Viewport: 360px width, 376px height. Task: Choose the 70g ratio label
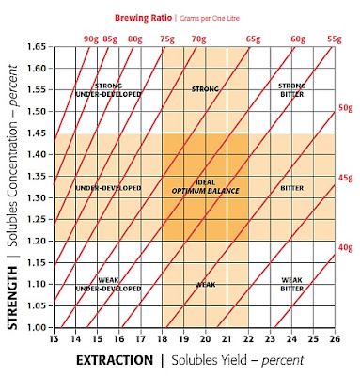pyautogui.click(x=198, y=39)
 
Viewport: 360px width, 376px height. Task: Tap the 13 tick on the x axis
pyautogui.click(x=54, y=337)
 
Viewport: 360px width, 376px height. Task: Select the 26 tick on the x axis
pyautogui.click(x=335, y=337)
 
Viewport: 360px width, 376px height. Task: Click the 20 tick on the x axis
pyautogui.click(x=205, y=337)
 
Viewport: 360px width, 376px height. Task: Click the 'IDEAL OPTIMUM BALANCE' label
pyautogui.click(x=205, y=186)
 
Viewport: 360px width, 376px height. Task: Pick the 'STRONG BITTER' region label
pyautogui.click(x=291, y=91)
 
